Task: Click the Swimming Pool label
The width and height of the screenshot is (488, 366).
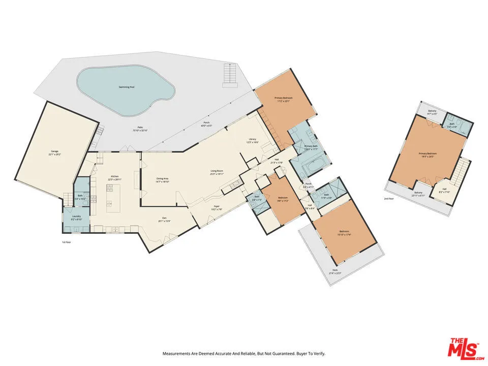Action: point(127,87)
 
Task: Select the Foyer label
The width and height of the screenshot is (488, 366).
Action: point(217,207)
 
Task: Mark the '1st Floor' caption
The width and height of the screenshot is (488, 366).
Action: point(66,242)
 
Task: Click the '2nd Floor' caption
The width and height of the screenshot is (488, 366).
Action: point(389,198)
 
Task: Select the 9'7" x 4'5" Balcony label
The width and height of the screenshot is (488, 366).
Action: point(432,112)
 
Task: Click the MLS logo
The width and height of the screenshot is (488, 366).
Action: point(463,349)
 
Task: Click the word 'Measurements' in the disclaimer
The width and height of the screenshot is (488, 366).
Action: point(175,353)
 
